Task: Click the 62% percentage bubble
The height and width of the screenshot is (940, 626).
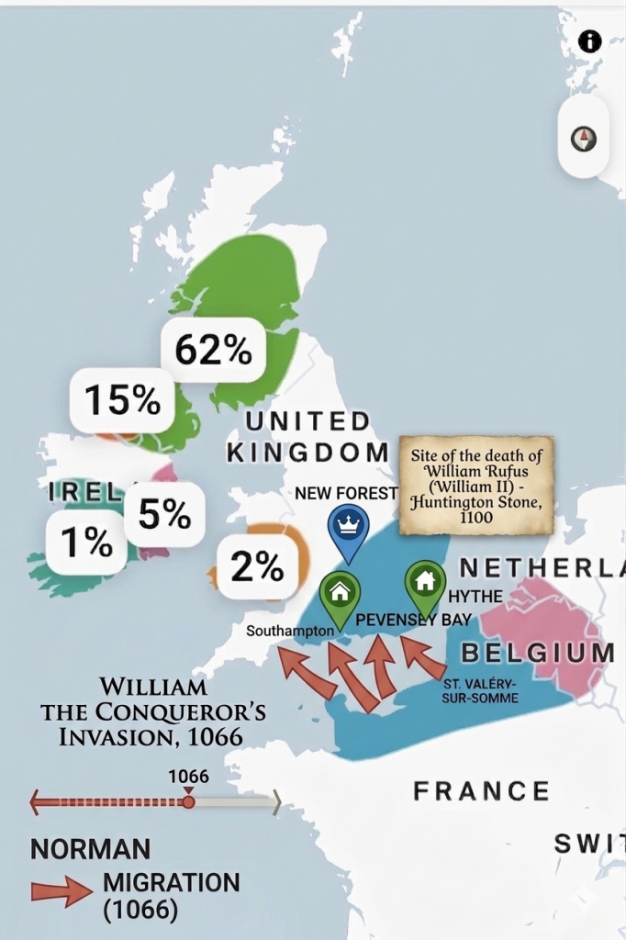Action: pos(213,350)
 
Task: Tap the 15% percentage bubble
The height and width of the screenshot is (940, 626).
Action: pos(122,400)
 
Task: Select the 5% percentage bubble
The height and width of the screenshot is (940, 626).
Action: pos(164,514)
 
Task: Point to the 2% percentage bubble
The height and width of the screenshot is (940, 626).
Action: pos(257,567)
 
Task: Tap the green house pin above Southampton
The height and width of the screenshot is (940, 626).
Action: pos(340,592)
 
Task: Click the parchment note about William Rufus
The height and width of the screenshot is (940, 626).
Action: pos(476,485)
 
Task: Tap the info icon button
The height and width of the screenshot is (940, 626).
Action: pos(589,41)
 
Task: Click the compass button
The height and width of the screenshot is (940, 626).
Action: pos(584,139)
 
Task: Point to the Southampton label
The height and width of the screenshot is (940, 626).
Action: pos(290,632)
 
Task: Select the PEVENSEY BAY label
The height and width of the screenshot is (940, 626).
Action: pos(413,620)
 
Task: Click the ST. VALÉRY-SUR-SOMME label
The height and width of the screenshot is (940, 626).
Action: pos(480,691)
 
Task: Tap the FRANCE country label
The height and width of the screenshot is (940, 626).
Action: pos(481,790)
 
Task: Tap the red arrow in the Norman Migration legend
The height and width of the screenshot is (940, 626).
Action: pos(61,893)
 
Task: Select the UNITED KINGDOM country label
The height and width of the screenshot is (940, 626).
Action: pos(307,437)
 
